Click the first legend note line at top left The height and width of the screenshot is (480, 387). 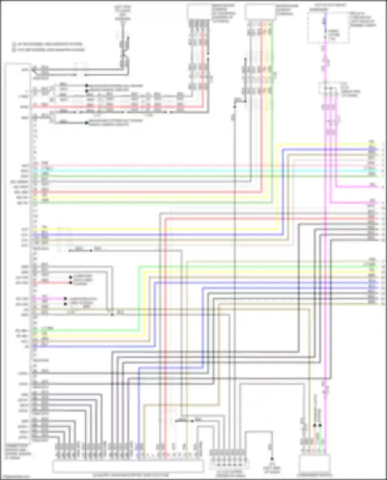[48, 44]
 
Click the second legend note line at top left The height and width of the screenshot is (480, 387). [49, 49]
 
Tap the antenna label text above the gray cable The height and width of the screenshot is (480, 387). [123, 13]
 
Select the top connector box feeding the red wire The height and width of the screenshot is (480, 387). [199, 12]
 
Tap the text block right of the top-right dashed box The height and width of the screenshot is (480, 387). [362, 19]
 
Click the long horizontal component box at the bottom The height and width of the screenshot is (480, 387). [128, 467]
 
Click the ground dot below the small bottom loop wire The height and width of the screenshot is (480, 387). [272, 459]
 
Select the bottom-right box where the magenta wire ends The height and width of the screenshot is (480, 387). [315, 464]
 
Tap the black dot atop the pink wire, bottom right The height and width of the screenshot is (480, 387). [315, 425]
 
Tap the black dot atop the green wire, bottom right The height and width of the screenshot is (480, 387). [320, 425]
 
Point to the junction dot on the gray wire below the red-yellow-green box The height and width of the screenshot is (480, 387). [235, 107]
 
